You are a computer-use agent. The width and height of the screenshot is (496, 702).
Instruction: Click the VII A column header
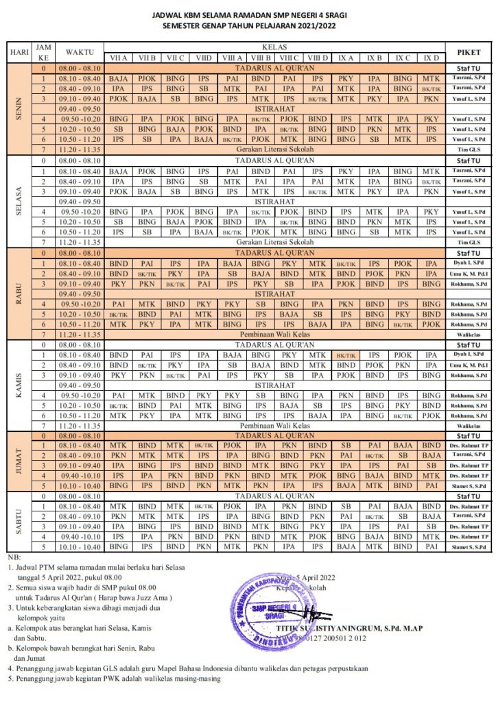click(x=118, y=58)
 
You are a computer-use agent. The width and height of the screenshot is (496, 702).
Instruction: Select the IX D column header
click(x=431, y=58)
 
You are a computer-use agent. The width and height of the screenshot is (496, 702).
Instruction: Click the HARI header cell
click(x=18, y=52)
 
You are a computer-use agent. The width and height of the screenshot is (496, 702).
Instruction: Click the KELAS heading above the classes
click(x=274, y=47)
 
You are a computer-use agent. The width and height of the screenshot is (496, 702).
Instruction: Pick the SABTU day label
click(x=19, y=522)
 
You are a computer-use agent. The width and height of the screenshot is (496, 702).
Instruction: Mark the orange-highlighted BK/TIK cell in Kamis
click(x=346, y=356)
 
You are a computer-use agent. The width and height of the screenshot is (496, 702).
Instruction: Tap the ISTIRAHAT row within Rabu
click(x=274, y=293)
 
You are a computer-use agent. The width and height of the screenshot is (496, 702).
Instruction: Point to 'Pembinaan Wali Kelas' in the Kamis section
click(x=274, y=426)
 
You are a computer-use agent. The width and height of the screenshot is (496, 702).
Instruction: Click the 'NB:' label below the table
click(x=14, y=557)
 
